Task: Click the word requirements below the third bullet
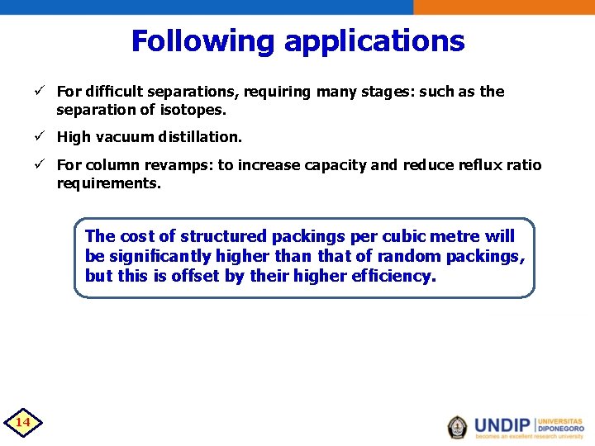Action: (108, 183)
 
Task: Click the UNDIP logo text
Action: (502, 426)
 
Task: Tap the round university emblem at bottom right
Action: (457, 426)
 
